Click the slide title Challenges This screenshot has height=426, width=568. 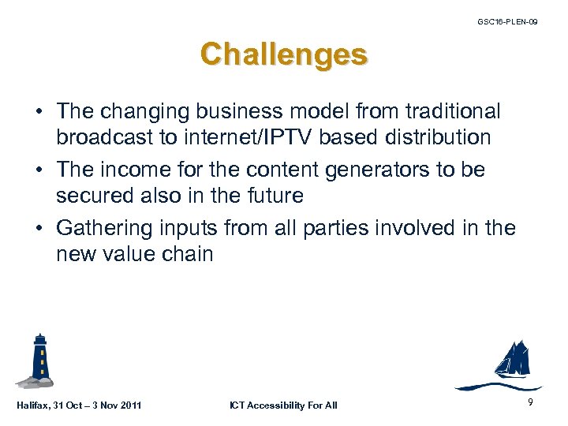click(x=283, y=55)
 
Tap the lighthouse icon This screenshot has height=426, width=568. click(x=39, y=361)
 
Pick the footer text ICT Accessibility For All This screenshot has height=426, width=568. click(x=283, y=405)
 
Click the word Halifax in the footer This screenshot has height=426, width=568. click(x=32, y=405)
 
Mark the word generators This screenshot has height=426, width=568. click(x=379, y=170)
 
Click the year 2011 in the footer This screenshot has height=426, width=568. click(x=129, y=405)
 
